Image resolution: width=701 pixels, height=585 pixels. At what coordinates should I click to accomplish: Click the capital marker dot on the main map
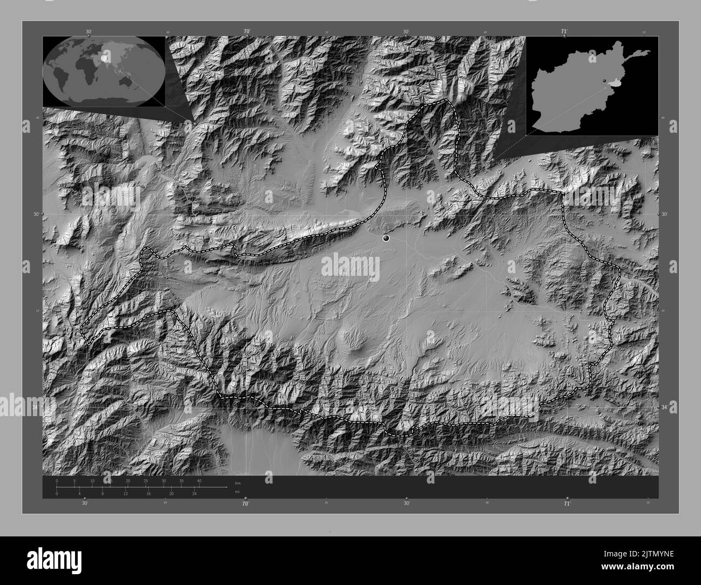click(x=386, y=237)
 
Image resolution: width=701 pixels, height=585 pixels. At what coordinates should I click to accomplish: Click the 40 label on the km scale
click(x=199, y=480)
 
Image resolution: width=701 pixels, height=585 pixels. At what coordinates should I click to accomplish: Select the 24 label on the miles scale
click(x=194, y=494)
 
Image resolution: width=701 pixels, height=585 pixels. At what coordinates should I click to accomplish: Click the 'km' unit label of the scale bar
click(x=238, y=482)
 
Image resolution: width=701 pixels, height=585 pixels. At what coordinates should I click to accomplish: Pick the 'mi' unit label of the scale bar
click(x=237, y=492)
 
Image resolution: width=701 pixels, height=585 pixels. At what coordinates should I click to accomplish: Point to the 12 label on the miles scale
click(x=125, y=494)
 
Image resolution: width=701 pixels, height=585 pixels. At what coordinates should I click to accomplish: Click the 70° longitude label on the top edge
click(x=246, y=31)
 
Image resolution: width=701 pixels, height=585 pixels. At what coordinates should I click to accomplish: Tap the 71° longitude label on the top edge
click(x=565, y=31)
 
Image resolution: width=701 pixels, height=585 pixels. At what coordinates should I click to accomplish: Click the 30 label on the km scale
click(x=163, y=480)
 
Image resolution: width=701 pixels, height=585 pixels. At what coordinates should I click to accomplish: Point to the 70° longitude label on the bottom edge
click(x=245, y=504)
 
